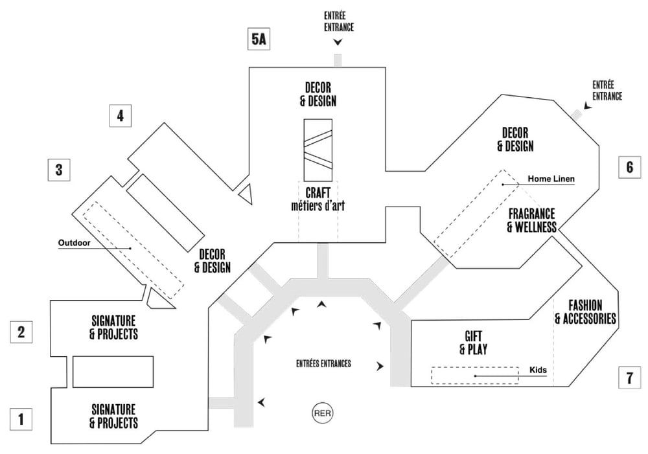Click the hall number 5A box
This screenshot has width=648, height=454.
coord(259,39)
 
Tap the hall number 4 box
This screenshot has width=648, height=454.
coord(121,116)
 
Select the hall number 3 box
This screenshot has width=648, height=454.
coord(59,170)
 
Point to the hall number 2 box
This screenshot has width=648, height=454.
coord(21,332)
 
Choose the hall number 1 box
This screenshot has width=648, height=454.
coord(21,419)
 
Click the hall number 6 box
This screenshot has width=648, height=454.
coord(629,167)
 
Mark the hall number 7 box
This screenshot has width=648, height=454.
coord(629,378)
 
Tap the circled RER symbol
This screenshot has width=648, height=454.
coord(322,413)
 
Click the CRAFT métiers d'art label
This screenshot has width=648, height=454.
coord(318,199)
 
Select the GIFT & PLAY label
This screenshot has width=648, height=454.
coord(473,343)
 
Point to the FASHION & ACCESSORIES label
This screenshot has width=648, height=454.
coord(585,312)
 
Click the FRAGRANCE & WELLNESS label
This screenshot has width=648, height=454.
coord(532,220)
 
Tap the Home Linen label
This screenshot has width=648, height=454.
coord(551,179)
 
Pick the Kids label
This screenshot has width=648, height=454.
coord(538,370)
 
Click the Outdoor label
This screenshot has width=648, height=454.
coord(74,243)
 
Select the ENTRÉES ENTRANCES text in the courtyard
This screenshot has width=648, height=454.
coord(323,363)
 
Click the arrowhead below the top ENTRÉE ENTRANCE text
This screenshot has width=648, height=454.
coord(338,41)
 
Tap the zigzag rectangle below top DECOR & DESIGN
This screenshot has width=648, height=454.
coord(318,150)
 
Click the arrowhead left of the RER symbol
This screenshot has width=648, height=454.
coord(261,402)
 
